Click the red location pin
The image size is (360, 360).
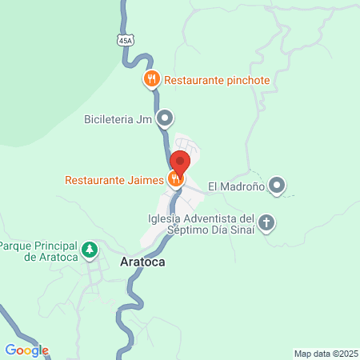[x=180, y=163]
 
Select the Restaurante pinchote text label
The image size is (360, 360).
[x=216, y=80]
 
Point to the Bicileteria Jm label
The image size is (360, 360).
[x=117, y=121]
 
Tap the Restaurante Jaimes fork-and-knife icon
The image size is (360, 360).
[x=174, y=179]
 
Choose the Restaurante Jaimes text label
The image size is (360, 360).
[x=114, y=179]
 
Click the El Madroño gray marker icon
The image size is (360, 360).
[x=277, y=186]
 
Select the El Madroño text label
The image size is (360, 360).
[x=236, y=187]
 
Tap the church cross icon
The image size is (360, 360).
[x=266, y=223]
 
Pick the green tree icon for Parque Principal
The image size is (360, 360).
[x=91, y=250]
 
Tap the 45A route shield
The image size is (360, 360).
[x=124, y=39]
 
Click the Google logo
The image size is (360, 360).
[x=26, y=350]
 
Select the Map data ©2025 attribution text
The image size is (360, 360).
[x=326, y=354]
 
